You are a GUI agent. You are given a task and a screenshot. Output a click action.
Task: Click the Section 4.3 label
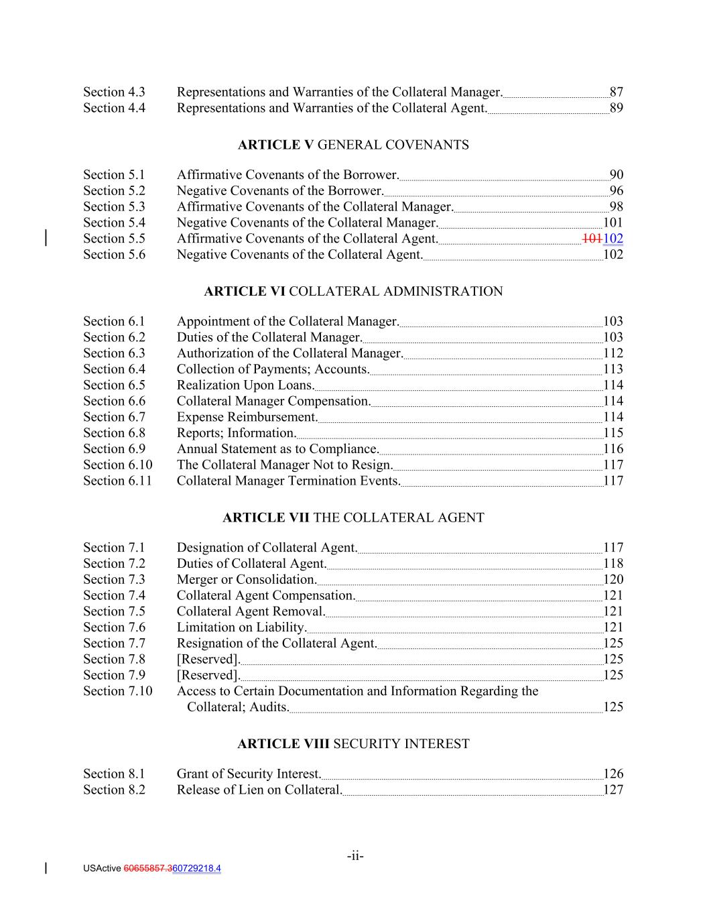point(114,92)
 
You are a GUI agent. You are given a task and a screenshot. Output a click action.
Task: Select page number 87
point(616,92)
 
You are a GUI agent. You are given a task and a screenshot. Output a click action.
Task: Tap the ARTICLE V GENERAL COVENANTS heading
point(353,145)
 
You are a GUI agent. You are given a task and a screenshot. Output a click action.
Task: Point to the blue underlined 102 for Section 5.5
point(613,239)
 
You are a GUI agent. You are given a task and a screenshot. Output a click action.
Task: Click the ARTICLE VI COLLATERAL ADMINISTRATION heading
point(353,292)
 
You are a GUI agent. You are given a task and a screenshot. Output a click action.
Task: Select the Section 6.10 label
point(117,465)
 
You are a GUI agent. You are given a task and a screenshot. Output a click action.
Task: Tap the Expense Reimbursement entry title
point(247,417)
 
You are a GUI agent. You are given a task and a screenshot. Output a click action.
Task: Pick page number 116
point(613,449)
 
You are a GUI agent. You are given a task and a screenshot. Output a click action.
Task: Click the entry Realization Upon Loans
point(245,385)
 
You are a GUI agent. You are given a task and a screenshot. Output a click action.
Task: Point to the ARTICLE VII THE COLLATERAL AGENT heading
point(353,517)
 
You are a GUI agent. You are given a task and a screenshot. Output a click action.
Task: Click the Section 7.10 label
point(117,691)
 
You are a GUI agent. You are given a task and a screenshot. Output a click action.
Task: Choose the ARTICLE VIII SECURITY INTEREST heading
point(353,744)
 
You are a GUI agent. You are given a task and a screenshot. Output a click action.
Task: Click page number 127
point(613,790)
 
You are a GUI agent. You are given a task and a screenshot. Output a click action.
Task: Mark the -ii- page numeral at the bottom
point(355,856)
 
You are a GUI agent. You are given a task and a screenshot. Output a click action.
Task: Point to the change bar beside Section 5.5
point(45,238)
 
